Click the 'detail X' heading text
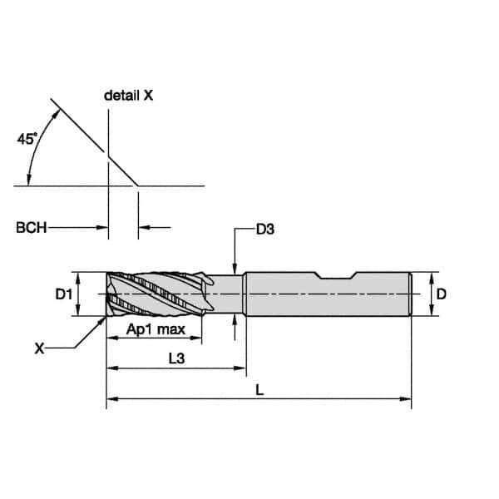tap(129, 96)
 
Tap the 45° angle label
tap(27, 139)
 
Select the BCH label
tap(32, 228)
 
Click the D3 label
tap(265, 230)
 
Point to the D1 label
tap(64, 294)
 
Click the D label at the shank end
tap(441, 294)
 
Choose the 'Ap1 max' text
tap(156, 329)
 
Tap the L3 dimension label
tap(176, 358)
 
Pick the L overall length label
tap(259, 390)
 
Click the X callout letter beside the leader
tap(39, 348)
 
